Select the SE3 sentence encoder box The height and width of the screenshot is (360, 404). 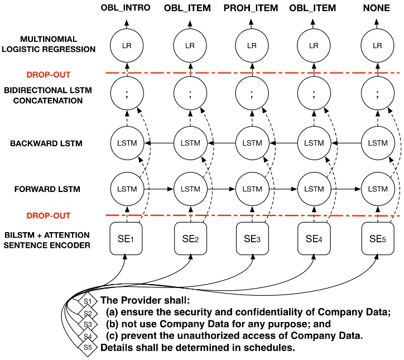(252, 241)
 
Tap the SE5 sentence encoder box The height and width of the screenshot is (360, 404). (374, 241)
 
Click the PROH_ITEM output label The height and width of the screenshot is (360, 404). (251, 8)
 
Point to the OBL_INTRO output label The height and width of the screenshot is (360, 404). (126, 8)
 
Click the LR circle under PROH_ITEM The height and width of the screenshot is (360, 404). (252, 44)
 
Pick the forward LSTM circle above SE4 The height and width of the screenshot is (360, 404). (313, 189)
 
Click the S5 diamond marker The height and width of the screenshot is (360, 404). (86, 346)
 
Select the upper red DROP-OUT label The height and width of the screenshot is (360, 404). (52, 74)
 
